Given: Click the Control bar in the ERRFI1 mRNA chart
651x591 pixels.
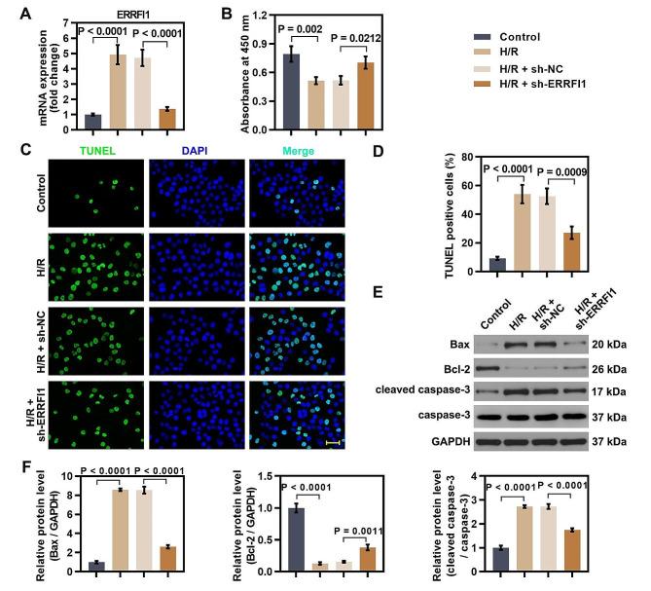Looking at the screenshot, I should click(x=93, y=122).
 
